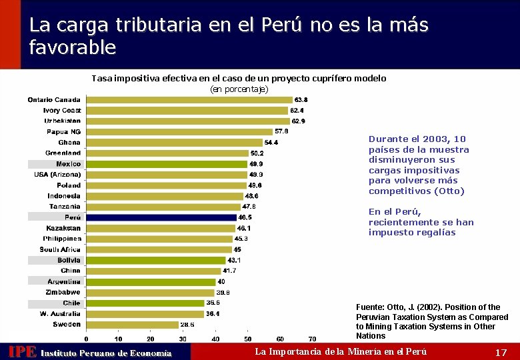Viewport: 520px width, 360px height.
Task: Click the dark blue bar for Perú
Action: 161,217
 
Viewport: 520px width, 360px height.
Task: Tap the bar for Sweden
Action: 132,325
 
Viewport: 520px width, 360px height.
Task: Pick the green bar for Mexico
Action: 167,164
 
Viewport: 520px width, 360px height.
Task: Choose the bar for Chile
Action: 145,303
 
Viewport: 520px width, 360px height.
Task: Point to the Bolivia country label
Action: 69,260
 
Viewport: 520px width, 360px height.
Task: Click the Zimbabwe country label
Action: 63,293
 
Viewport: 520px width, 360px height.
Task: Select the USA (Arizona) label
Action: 57,175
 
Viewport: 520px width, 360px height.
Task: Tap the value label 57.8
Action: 281,131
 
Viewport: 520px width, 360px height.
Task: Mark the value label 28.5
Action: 187,325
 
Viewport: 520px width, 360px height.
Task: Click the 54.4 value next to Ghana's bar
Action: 271,143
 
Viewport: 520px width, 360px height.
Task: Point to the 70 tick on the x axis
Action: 312,339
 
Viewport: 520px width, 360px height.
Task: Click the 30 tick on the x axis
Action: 183,339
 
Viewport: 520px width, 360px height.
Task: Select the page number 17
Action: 501,352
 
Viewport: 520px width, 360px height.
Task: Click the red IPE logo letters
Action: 21,352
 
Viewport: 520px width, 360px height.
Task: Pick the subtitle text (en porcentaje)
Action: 239,89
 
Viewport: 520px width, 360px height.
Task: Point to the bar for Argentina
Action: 151,282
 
